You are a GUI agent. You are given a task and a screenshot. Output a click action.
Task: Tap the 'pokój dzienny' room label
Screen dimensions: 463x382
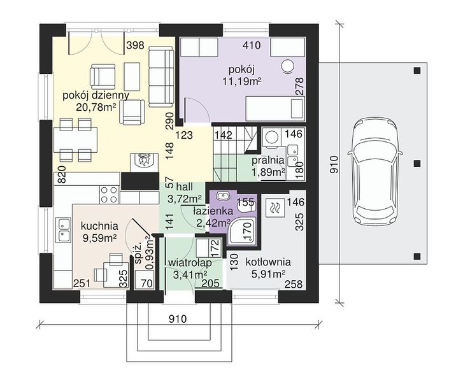point(96,95)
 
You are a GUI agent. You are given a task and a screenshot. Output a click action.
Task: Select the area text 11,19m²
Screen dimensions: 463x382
point(242,81)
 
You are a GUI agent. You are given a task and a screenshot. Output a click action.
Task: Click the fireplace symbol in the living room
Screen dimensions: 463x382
point(144,162)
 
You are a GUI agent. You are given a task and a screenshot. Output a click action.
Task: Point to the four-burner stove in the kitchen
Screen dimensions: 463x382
point(109,195)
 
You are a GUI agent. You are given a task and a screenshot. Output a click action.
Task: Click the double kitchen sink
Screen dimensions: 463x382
point(63,230)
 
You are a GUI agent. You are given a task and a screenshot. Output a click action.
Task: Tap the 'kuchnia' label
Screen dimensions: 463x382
point(99,226)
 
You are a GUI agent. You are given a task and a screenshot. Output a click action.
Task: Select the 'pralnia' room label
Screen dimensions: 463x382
point(268,160)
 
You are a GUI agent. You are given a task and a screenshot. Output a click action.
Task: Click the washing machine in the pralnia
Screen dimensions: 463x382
point(272,137)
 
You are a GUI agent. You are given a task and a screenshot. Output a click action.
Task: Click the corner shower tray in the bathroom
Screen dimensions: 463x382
point(243,232)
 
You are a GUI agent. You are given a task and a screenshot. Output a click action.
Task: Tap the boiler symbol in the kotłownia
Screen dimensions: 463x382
point(276,208)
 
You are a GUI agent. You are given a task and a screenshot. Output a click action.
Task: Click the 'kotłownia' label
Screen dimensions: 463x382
point(268,262)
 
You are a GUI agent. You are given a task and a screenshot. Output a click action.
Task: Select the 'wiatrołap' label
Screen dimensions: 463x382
point(190,262)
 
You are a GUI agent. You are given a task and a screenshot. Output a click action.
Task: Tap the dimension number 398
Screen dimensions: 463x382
point(135,45)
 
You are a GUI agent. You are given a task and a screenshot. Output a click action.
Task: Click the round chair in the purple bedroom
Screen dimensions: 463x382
point(287,66)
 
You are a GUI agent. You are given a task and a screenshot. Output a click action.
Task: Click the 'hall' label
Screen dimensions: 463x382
point(185,187)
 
